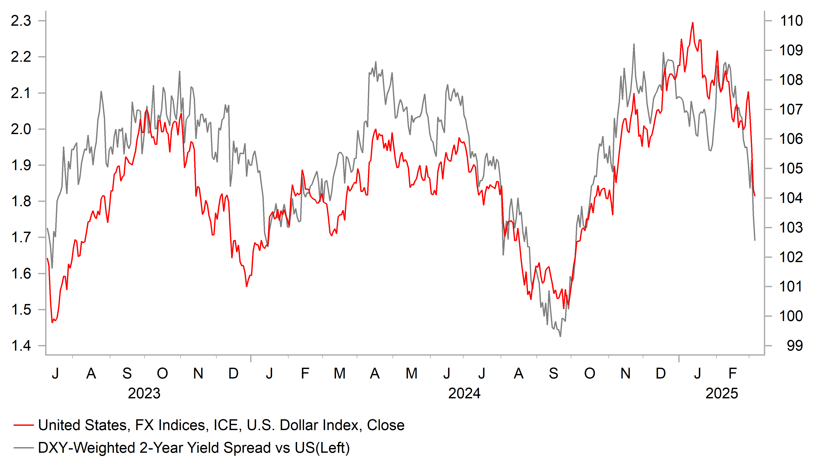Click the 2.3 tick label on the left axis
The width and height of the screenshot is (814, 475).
(21, 21)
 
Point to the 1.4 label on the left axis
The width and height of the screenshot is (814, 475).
(21, 346)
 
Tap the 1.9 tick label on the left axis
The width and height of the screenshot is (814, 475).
(21, 165)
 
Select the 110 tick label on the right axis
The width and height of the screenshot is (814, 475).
(791, 21)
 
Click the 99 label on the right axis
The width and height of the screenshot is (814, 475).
(795, 346)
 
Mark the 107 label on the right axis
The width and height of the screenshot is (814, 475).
(791, 109)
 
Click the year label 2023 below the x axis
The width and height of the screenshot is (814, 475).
(144, 394)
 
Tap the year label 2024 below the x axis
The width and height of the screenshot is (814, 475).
(464, 394)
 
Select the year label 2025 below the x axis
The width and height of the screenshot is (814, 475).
(722, 394)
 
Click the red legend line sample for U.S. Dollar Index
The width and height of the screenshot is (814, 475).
(24, 425)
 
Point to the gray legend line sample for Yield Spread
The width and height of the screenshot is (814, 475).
(24, 448)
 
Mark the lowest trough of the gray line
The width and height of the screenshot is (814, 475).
(560, 336)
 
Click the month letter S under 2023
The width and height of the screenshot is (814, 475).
(127, 374)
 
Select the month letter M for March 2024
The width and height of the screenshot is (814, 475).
(339, 374)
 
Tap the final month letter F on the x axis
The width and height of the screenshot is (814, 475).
(732, 374)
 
